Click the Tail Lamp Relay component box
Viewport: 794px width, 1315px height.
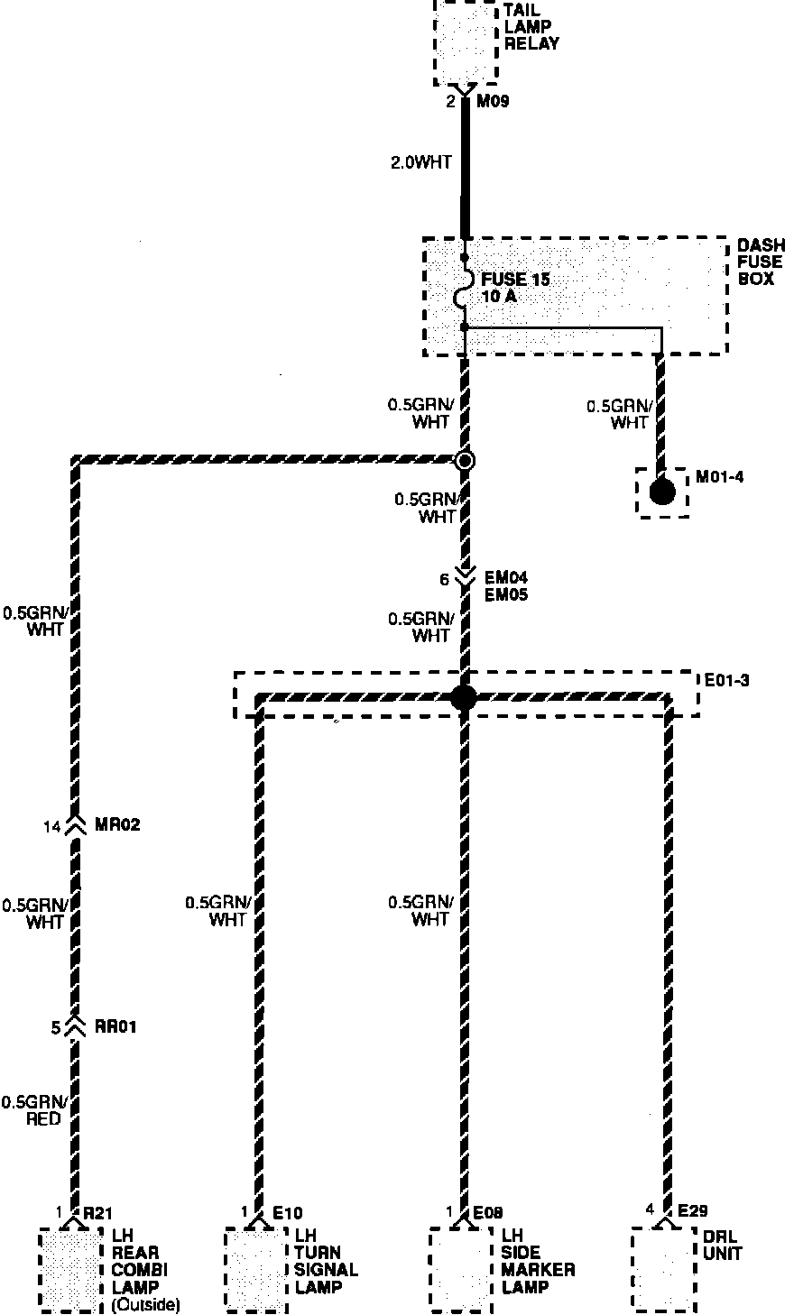[x=466, y=41]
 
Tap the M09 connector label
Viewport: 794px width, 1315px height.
[x=494, y=102]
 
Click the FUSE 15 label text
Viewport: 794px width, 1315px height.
[x=515, y=280]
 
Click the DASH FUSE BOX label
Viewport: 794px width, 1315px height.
[x=761, y=262]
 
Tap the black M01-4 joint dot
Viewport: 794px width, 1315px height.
[x=662, y=492]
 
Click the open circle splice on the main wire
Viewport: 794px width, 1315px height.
[x=465, y=461]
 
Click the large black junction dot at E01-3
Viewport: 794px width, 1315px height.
[x=463, y=696]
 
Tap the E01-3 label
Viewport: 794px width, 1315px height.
[x=727, y=680]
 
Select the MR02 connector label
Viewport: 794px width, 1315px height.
[x=117, y=825]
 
